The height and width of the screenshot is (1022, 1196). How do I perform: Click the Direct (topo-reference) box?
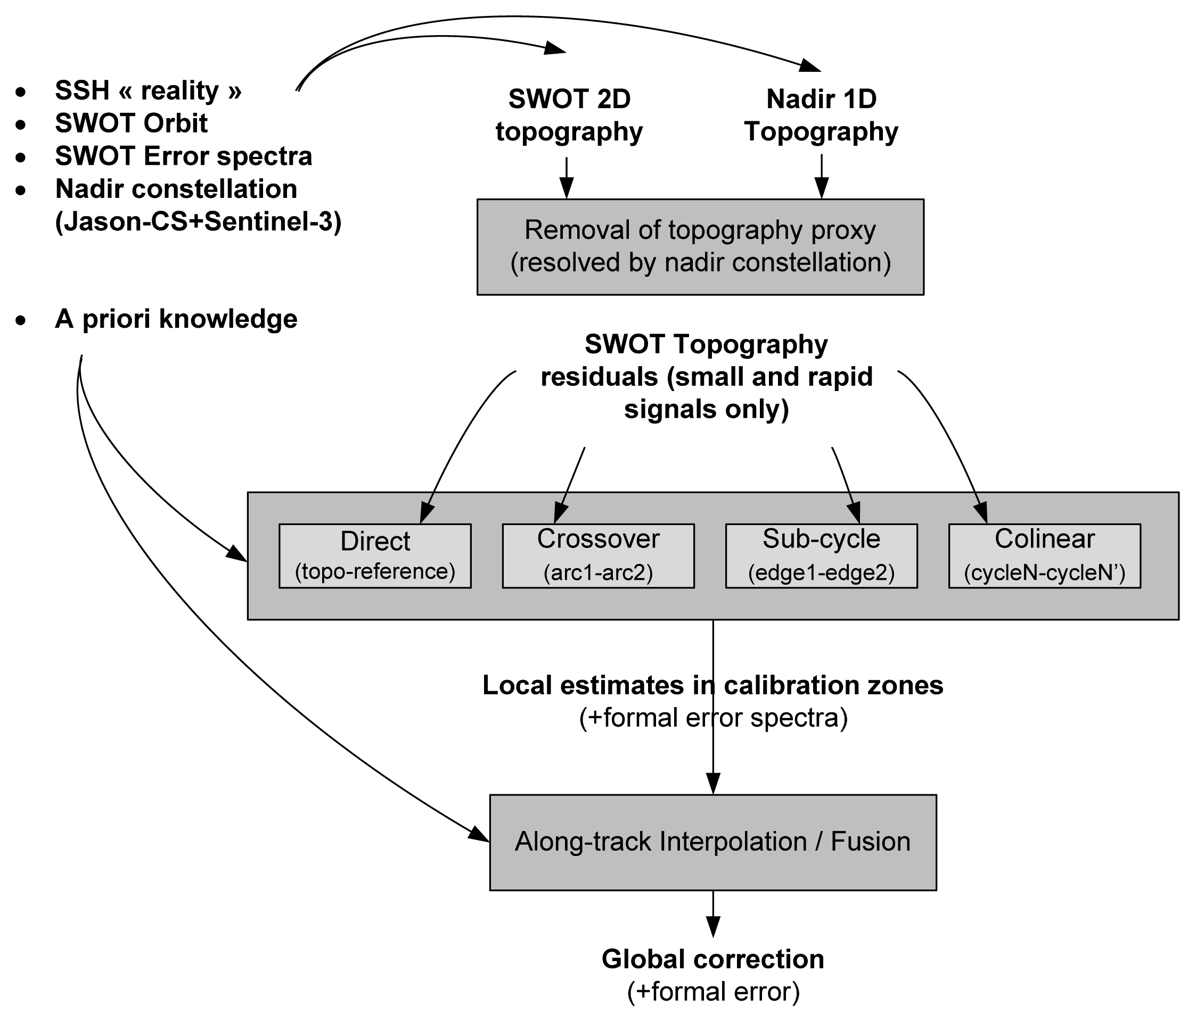[375, 556]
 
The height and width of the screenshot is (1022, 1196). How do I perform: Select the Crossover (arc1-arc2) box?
[598, 556]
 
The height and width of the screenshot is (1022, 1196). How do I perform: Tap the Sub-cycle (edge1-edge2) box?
[821, 556]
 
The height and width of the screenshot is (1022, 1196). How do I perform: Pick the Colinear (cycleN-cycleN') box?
[1044, 556]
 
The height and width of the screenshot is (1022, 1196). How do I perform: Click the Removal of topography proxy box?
[700, 247]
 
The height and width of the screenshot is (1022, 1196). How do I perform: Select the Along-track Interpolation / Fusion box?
[713, 842]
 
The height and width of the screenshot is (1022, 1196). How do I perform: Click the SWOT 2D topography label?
[569, 115]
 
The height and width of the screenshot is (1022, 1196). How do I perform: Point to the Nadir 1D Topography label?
[821, 115]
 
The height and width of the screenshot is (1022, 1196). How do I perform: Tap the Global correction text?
[713, 959]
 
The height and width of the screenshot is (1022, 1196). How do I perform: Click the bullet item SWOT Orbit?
[131, 123]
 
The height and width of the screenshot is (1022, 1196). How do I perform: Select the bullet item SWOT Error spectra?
[184, 156]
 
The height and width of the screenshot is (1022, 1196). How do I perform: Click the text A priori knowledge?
[176, 319]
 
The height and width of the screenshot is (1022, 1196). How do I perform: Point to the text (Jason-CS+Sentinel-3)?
[199, 222]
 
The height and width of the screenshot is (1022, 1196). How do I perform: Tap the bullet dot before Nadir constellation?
[21, 190]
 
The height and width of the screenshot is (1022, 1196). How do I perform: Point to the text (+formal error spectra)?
[714, 718]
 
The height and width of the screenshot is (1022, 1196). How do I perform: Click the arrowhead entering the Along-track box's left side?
[479, 835]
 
